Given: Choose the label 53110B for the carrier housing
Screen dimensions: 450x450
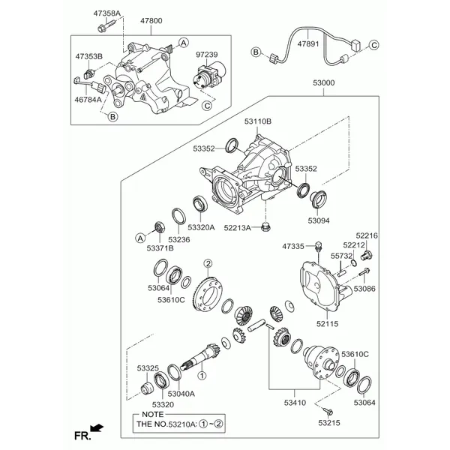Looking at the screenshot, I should (258, 121).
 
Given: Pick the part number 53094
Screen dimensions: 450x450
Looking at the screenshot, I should (319, 221).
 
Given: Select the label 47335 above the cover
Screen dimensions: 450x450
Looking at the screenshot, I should (293, 246).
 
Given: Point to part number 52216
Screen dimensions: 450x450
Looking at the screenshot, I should (367, 235).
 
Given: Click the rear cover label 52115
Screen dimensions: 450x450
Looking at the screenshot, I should (328, 324).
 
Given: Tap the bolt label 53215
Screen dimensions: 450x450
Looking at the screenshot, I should (328, 424).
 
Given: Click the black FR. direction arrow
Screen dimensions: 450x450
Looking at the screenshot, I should (97, 430).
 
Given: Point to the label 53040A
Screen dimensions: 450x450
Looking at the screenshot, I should (181, 394).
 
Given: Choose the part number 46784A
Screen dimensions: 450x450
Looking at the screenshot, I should (88, 98).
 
